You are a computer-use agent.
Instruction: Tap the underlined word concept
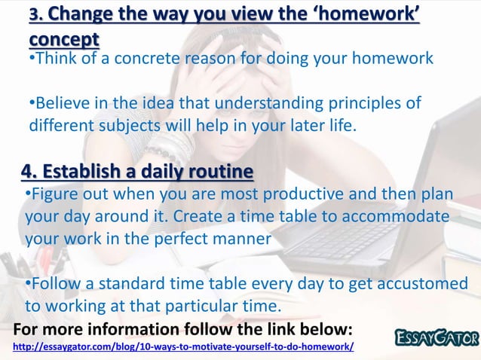[63, 38]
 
